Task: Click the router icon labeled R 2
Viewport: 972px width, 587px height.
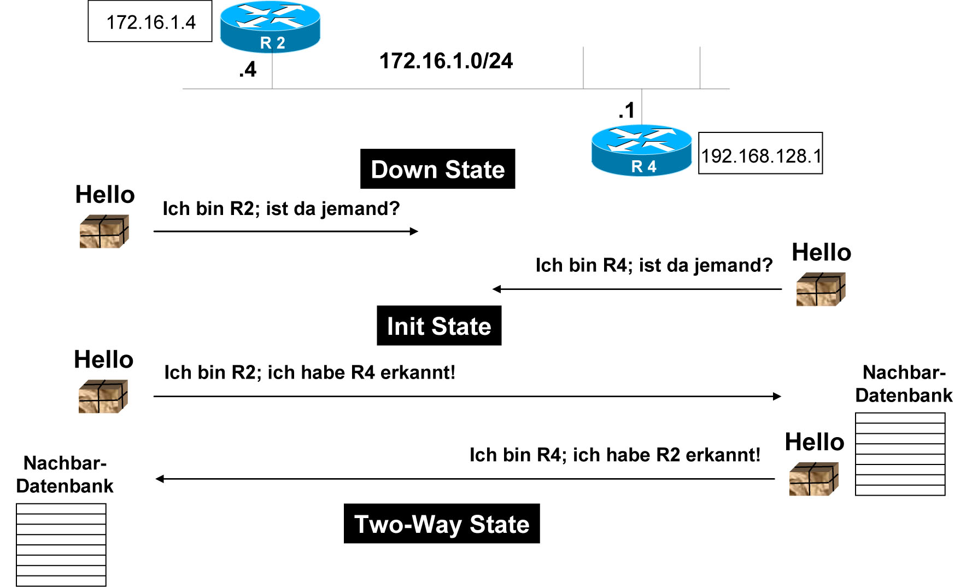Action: (x=270, y=26)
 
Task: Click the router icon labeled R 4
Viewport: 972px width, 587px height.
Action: (x=641, y=150)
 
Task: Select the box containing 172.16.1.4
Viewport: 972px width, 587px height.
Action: (x=150, y=22)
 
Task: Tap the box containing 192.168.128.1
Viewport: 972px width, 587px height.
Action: (x=760, y=154)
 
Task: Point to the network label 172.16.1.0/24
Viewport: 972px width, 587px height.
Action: (x=446, y=61)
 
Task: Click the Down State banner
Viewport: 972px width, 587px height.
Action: (x=437, y=169)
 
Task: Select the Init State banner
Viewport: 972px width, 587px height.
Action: (x=439, y=326)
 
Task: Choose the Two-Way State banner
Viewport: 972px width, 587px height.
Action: (x=442, y=524)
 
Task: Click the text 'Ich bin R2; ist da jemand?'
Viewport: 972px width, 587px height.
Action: (x=281, y=208)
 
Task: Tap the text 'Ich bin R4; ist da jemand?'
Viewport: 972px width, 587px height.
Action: (x=654, y=265)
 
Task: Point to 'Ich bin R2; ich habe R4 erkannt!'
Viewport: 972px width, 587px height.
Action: (x=309, y=373)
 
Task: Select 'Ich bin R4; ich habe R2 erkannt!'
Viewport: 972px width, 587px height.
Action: (x=614, y=455)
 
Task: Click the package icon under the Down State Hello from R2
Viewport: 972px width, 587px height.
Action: (x=104, y=231)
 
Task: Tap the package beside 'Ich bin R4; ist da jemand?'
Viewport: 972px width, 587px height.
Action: (x=821, y=289)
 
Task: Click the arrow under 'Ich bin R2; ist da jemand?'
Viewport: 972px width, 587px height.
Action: (x=285, y=231)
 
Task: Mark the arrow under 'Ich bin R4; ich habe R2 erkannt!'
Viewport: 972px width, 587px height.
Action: (x=465, y=479)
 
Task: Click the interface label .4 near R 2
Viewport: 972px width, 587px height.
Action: (x=248, y=69)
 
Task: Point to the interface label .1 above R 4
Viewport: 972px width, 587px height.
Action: (x=626, y=111)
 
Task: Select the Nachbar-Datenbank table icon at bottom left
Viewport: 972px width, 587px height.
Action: (x=61, y=544)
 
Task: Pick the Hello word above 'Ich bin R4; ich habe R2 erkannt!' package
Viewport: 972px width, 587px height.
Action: (x=814, y=442)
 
